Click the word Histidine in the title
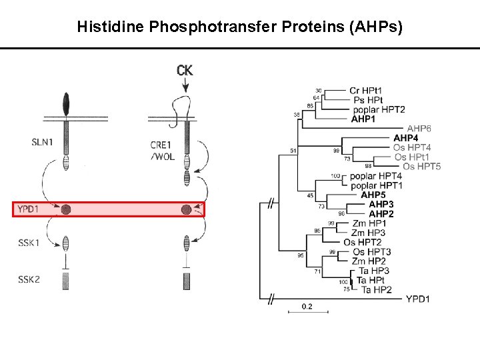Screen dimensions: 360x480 tap(107, 27)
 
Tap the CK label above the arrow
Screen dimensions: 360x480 tap(185, 69)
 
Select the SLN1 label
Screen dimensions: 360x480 tap(41, 141)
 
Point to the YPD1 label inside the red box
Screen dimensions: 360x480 tap(29, 210)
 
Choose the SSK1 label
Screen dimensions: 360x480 tap(29, 243)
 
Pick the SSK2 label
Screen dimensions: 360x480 tap(29, 279)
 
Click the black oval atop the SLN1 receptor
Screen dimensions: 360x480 tap(65, 103)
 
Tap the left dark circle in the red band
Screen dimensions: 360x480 tap(65, 210)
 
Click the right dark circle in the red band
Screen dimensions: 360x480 tap(186, 210)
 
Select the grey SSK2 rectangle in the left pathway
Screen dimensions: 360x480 tap(65, 281)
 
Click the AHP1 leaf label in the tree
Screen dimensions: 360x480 tap(363, 119)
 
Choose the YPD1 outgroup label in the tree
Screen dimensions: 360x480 tap(417, 299)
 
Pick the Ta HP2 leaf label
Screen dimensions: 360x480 tap(375, 289)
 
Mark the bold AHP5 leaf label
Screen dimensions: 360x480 tap(373, 195)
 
